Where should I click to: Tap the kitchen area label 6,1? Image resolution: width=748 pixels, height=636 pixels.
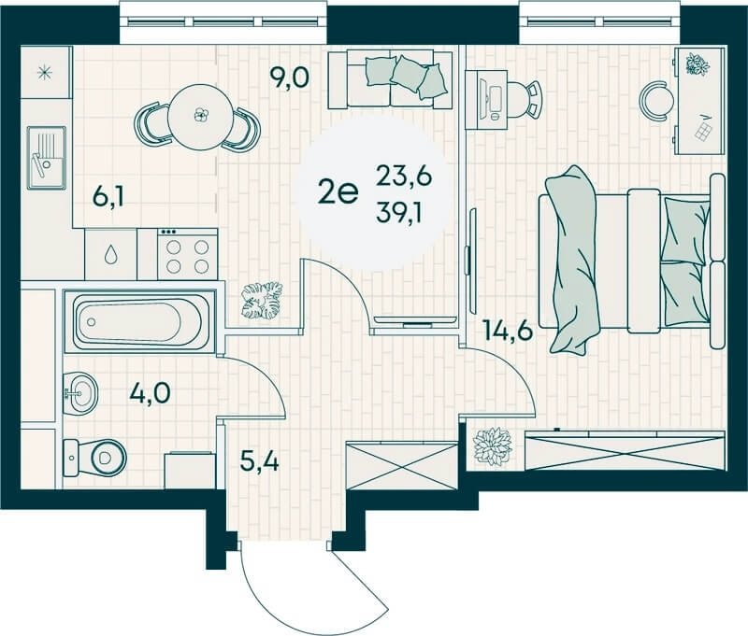108,197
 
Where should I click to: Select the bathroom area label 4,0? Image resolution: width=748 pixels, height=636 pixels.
150,394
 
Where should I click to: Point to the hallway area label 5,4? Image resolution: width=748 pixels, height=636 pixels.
260,461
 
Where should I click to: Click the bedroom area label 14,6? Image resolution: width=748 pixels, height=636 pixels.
507,331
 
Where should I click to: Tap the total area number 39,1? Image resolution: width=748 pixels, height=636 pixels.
398,215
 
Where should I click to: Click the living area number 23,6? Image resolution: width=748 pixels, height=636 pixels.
404,176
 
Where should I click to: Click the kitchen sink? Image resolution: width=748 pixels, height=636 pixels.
46,157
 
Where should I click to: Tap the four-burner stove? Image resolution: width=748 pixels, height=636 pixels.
188,254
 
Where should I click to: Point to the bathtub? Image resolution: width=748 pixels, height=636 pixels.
141,321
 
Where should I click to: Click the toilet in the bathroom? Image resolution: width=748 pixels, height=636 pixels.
95,458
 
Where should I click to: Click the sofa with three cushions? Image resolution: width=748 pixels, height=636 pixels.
391,80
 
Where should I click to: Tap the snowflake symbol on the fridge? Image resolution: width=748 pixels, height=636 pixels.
46,73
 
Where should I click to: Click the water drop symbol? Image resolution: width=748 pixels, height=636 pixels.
110,254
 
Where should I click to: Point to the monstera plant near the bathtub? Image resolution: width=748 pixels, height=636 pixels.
262,300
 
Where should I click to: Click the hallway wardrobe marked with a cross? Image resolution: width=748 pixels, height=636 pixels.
402,465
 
